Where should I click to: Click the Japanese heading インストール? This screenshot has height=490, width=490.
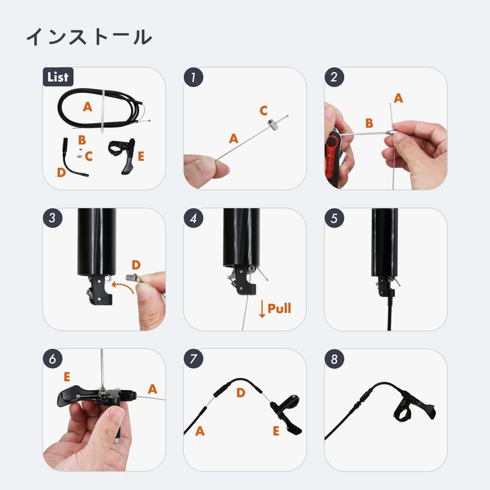[x=89, y=37]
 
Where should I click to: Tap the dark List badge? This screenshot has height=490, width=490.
[x=58, y=77]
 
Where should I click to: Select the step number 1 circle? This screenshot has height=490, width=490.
[x=193, y=77]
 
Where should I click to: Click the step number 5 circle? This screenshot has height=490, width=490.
[x=334, y=218]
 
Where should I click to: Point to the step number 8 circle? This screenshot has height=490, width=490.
[x=334, y=359]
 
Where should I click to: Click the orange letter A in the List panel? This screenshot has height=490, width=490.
[x=88, y=107]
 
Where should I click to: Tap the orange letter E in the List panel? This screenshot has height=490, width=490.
[x=141, y=156]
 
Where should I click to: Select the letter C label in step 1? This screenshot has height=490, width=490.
[x=264, y=111]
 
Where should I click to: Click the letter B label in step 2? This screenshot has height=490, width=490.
[x=369, y=123]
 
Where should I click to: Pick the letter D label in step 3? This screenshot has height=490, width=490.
[x=136, y=265]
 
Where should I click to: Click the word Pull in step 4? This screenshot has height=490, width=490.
[x=279, y=309]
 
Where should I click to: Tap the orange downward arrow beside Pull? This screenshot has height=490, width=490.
[x=262, y=309]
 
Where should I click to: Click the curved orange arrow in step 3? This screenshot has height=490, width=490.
[x=122, y=285]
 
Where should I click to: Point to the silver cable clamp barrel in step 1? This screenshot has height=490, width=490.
[x=271, y=124]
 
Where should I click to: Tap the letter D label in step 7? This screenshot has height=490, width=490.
[x=241, y=393]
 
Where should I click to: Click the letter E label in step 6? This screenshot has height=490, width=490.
[x=67, y=377]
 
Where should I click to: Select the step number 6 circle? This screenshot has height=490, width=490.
[x=53, y=359]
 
